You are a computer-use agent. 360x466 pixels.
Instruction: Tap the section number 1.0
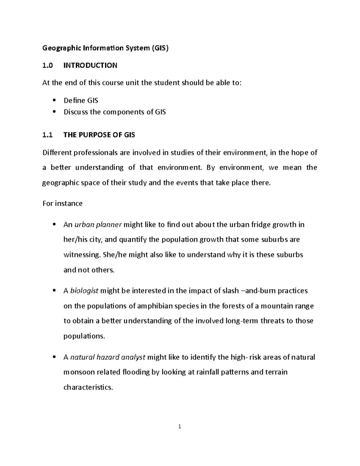pyautogui.click(x=47, y=65)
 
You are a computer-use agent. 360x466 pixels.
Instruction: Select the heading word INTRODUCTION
pyautogui.click(x=90, y=65)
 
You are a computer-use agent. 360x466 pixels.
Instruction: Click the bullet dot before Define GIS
pyautogui.click(x=54, y=101)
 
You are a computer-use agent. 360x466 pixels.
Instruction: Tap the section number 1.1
pyautogui.click(x=47, y=135)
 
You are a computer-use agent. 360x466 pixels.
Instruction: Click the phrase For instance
pyautogui.click(x=62, y=203)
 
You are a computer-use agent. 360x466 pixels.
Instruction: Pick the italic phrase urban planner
pyautogui.click(x=98, y=225)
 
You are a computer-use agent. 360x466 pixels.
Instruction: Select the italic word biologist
pyautogui.click(x=84, y=291)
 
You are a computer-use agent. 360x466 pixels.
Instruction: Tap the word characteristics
pyautogui.click(x=88, y=387)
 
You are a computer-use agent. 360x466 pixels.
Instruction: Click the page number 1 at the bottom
pyautogui.click(x=179, y=427)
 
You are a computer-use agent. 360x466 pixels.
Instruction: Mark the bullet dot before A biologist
pyautogui.click(x=54, y=290)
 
